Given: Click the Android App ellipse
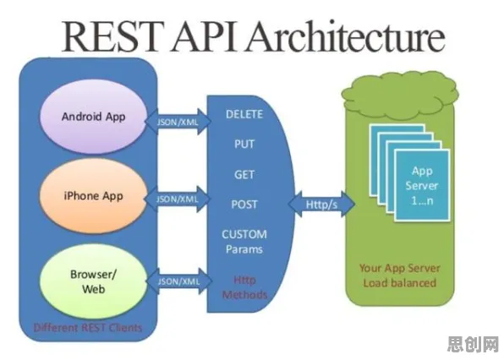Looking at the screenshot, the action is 94,117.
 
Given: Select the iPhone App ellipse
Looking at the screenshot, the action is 94,195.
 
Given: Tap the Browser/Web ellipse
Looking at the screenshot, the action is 94,281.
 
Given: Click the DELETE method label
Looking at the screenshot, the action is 244,114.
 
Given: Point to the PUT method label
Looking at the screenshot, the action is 244,144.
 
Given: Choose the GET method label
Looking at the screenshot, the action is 244,174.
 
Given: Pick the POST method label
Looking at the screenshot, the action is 244,205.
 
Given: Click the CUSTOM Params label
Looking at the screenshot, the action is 244,242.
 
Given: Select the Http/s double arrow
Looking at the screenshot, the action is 321,205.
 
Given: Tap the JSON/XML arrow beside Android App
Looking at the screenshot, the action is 178,122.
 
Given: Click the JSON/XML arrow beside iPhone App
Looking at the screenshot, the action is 178,199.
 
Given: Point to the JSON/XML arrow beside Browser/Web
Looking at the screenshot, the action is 178,281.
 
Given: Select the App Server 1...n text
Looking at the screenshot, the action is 422,186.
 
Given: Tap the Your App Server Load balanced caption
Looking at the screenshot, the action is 399,275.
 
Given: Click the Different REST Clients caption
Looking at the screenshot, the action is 88,328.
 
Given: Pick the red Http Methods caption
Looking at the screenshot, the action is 244,287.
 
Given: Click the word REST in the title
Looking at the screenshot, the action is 112,36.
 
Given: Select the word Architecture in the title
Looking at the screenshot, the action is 346,36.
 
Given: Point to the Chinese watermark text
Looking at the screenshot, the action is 474,344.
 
